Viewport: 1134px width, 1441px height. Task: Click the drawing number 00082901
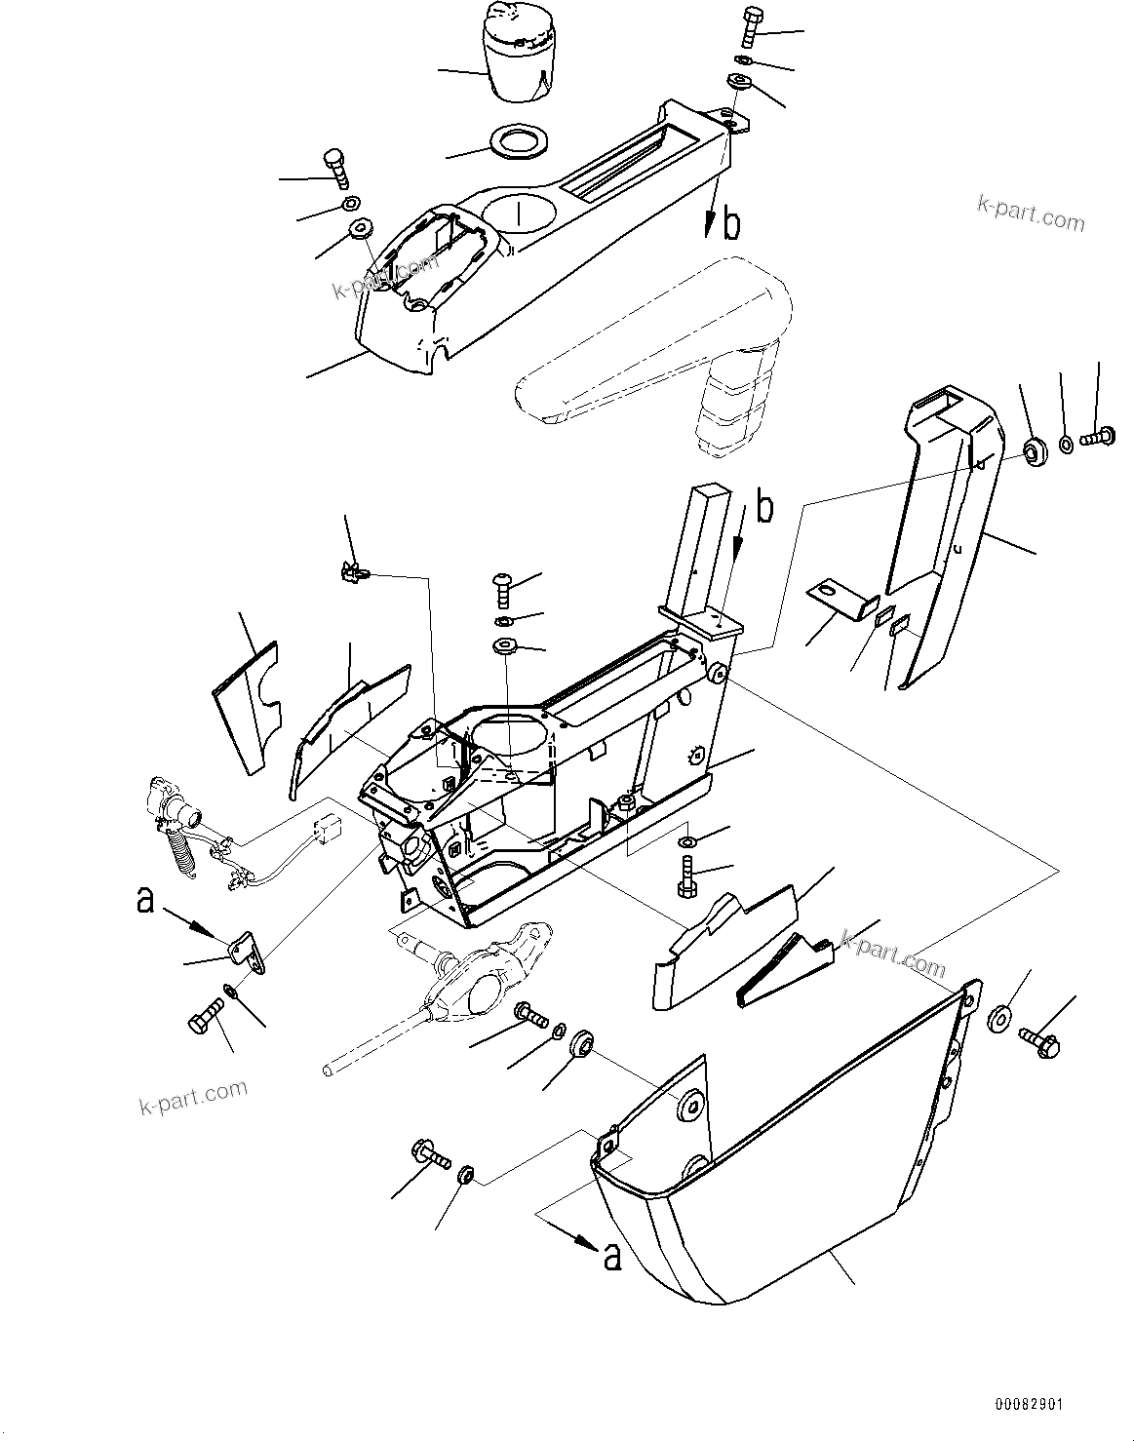(1029, 1405)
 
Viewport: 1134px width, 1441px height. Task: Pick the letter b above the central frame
(766, 508)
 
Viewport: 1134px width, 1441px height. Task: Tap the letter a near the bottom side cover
(612, 1258)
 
